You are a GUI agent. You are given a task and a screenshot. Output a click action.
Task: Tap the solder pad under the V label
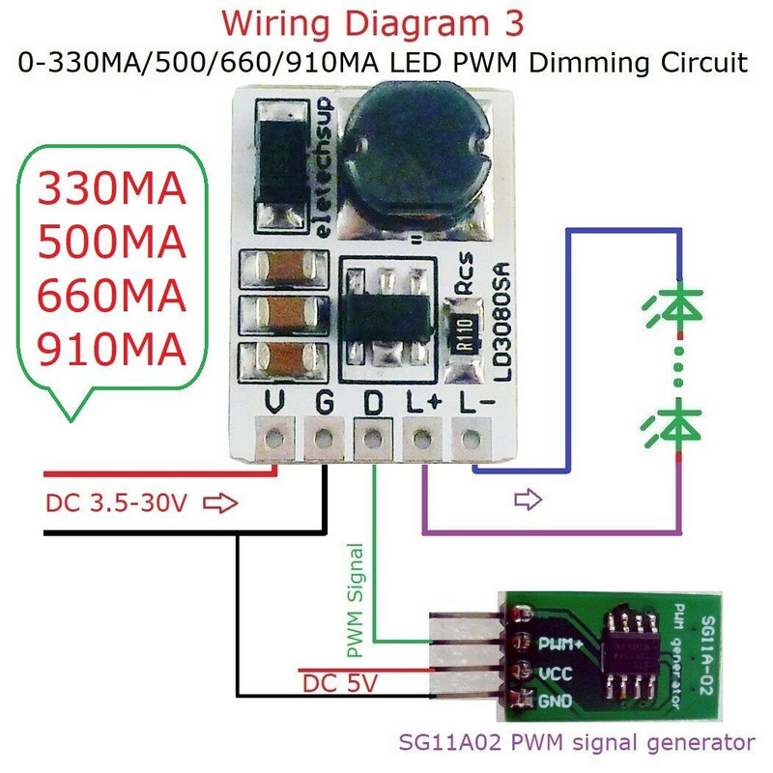(x=274, y=441)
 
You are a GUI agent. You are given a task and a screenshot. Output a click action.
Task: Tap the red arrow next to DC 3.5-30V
(x=220, y=504)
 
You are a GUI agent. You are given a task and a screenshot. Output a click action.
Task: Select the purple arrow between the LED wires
(x=528, y=500)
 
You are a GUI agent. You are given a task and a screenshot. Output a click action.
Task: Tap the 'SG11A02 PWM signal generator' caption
(x=577, y=743)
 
